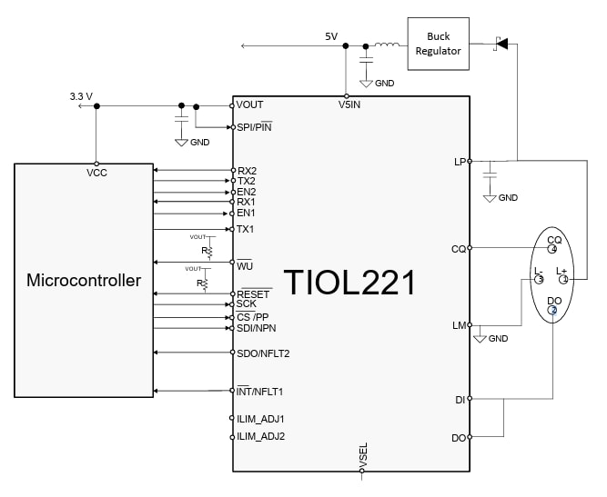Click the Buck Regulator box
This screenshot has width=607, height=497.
point(439,44)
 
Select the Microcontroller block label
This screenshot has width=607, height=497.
point(84,280)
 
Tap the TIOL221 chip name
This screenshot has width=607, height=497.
point(350,282)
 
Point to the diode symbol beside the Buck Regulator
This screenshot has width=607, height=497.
point(500,43)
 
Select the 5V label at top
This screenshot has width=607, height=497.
point(331,36)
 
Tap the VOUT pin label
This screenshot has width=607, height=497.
point(250,105)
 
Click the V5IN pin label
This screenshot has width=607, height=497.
point(346,105)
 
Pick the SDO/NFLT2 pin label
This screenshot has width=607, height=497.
point(264,353)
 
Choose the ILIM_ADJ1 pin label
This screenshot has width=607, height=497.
point(261,419)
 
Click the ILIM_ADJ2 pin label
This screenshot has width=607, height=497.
point(261,436)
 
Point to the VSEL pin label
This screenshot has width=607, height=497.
point(363,455)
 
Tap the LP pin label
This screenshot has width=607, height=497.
point(460,162)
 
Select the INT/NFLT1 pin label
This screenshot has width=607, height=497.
point(260,392)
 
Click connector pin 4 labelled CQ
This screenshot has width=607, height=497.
point(553,248)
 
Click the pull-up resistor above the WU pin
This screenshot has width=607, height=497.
point(207,250)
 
